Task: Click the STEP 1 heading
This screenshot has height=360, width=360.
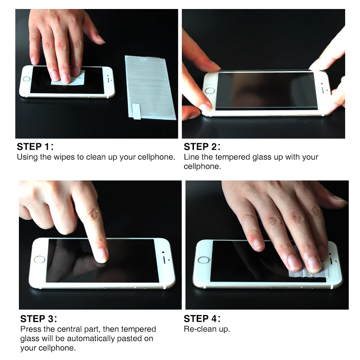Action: tap(35, 147)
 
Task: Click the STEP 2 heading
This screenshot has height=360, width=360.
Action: tap(202, 147)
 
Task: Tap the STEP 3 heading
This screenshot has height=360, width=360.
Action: tap(39, 319)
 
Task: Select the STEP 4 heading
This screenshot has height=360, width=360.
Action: tap(202, 319)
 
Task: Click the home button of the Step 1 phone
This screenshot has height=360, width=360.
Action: tap(26, 79)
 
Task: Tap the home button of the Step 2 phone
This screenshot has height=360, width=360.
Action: tap(210, 91)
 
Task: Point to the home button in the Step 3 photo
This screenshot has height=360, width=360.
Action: tap(40, 260)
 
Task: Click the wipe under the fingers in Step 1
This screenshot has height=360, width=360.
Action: tap(67, 80)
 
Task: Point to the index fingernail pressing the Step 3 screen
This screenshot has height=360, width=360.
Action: tap(103, 254)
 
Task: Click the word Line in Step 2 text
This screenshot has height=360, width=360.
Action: tap(191, 157)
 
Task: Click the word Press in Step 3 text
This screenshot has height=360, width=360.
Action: tap(31, 329)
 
